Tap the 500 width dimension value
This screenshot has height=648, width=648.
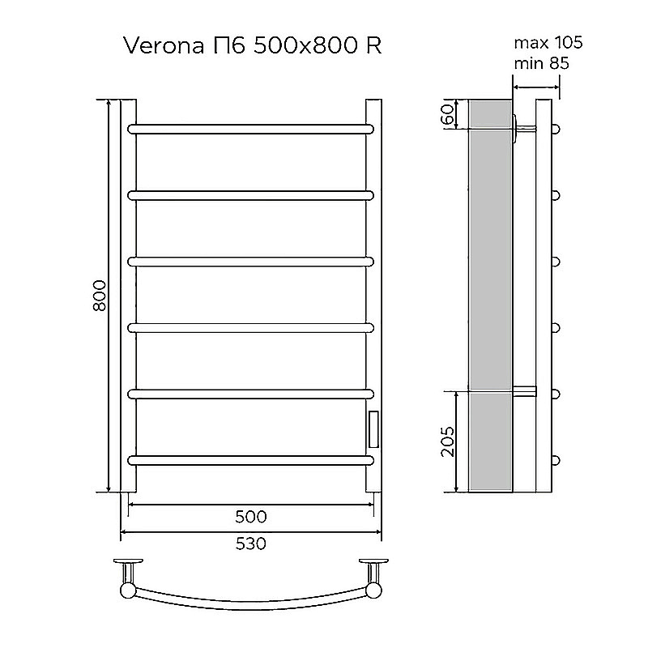point(251,517)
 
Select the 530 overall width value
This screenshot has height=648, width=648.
point(251,544)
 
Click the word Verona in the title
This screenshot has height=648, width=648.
point(160,45)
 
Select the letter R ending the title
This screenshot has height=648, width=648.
point(373,45)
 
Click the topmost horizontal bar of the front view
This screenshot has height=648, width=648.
point(251,128)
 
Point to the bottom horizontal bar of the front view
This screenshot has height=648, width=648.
point(251,460)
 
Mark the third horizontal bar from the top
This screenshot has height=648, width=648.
point(251,261)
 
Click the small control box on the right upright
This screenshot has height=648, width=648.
point(373,428)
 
